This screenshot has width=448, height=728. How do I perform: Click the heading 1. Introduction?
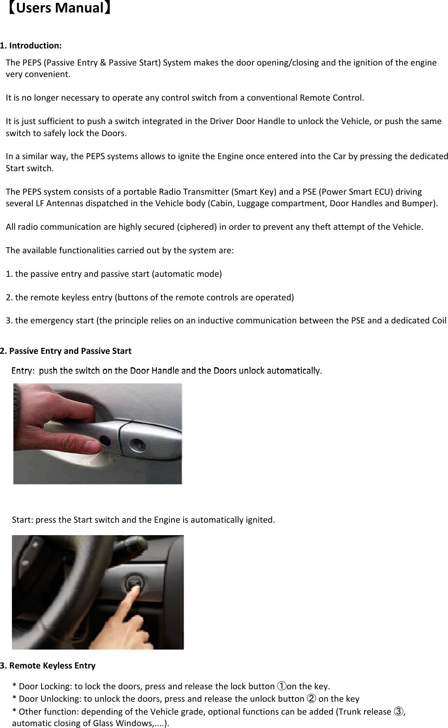tap(31, 46)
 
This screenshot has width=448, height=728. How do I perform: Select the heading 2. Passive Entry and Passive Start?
tap(66, 351)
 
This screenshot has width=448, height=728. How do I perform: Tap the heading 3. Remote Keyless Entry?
tap(48, 666)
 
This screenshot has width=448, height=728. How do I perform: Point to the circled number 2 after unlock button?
tap(311, 699)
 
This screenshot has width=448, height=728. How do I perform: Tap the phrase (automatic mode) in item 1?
tap(187, 274)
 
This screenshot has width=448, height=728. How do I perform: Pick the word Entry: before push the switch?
tap(23, 371)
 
